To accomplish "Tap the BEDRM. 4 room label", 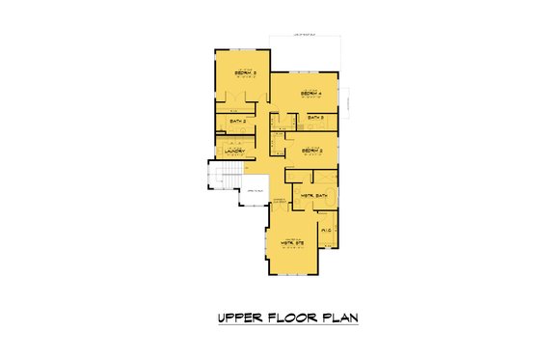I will pyautogui.click(x=310, y=94).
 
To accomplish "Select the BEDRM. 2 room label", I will pyautogui.click(x=310, y=152).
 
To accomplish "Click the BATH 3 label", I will pyautogui.click(x=315, y=118).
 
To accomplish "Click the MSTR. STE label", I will pyautogui.click(x=292, y=242).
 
